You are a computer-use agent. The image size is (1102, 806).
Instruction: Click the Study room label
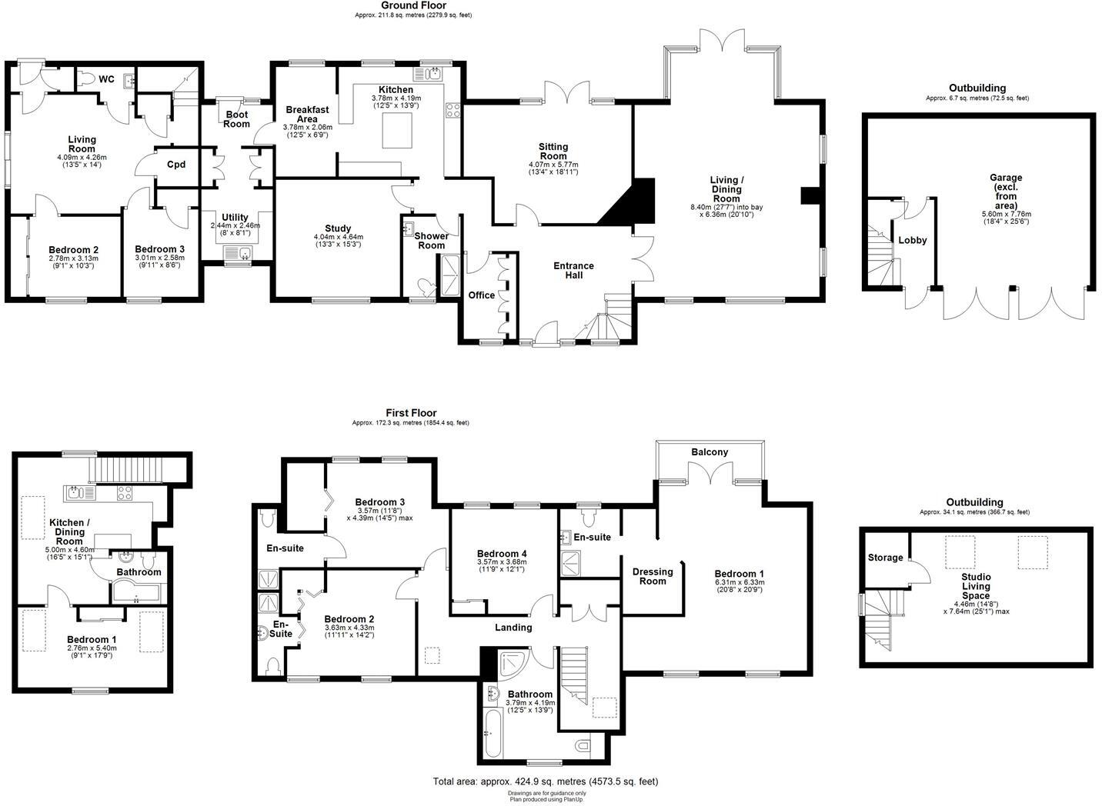338,228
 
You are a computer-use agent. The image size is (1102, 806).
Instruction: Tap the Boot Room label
236,119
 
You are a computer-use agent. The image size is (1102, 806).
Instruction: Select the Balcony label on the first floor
709,452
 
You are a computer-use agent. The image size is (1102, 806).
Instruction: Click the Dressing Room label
652,576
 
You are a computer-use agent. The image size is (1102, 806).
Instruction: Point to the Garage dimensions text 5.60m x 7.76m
1005,215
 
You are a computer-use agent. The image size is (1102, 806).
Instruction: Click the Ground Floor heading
413,5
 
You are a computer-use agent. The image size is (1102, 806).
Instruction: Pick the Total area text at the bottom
546,781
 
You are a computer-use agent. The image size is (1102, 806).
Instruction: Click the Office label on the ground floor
482,295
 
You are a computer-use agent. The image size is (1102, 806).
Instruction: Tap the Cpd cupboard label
176,165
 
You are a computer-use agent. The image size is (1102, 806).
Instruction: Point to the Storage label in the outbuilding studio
885,558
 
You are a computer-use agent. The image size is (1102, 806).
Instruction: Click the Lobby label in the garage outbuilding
913,240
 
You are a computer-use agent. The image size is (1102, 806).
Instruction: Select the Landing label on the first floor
513,627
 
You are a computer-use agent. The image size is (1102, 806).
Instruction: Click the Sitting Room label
553,152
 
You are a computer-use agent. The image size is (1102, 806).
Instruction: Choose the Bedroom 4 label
502,554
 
